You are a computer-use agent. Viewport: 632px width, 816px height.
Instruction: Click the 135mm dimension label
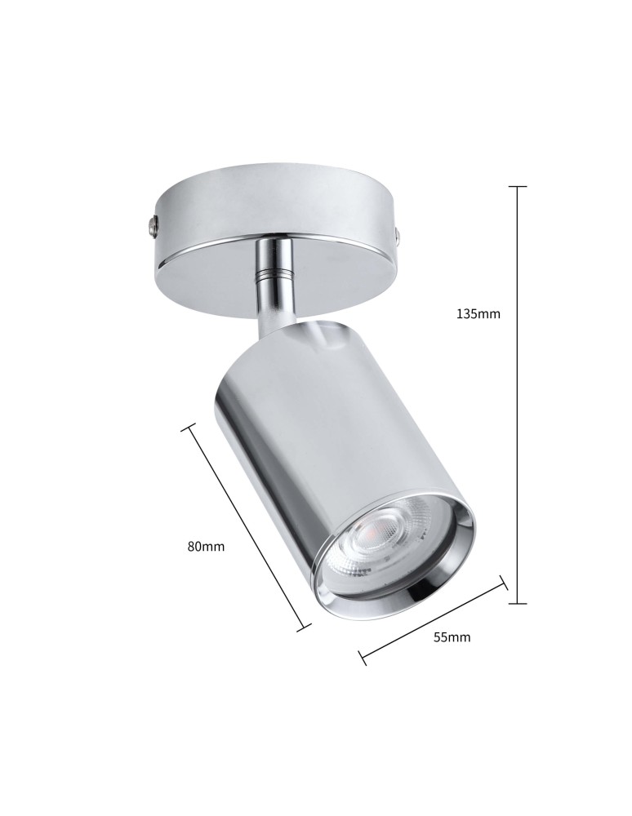[478, 313]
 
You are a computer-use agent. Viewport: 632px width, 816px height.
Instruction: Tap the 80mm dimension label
[206, 547]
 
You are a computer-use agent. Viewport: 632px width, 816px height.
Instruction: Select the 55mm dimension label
[452, 637]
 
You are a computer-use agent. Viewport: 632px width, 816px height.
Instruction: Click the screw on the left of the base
[153, 222]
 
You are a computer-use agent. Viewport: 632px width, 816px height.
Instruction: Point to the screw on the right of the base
[398, 237]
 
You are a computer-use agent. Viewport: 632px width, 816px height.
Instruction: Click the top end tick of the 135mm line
[517, 187]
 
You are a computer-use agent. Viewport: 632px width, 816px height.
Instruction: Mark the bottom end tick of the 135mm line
[517, 604]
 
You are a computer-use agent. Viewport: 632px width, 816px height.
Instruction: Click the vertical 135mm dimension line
[517, 408]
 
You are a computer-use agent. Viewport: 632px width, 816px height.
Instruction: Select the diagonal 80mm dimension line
[248, 526]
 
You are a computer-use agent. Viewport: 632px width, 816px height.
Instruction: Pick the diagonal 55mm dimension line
[433, 619]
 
